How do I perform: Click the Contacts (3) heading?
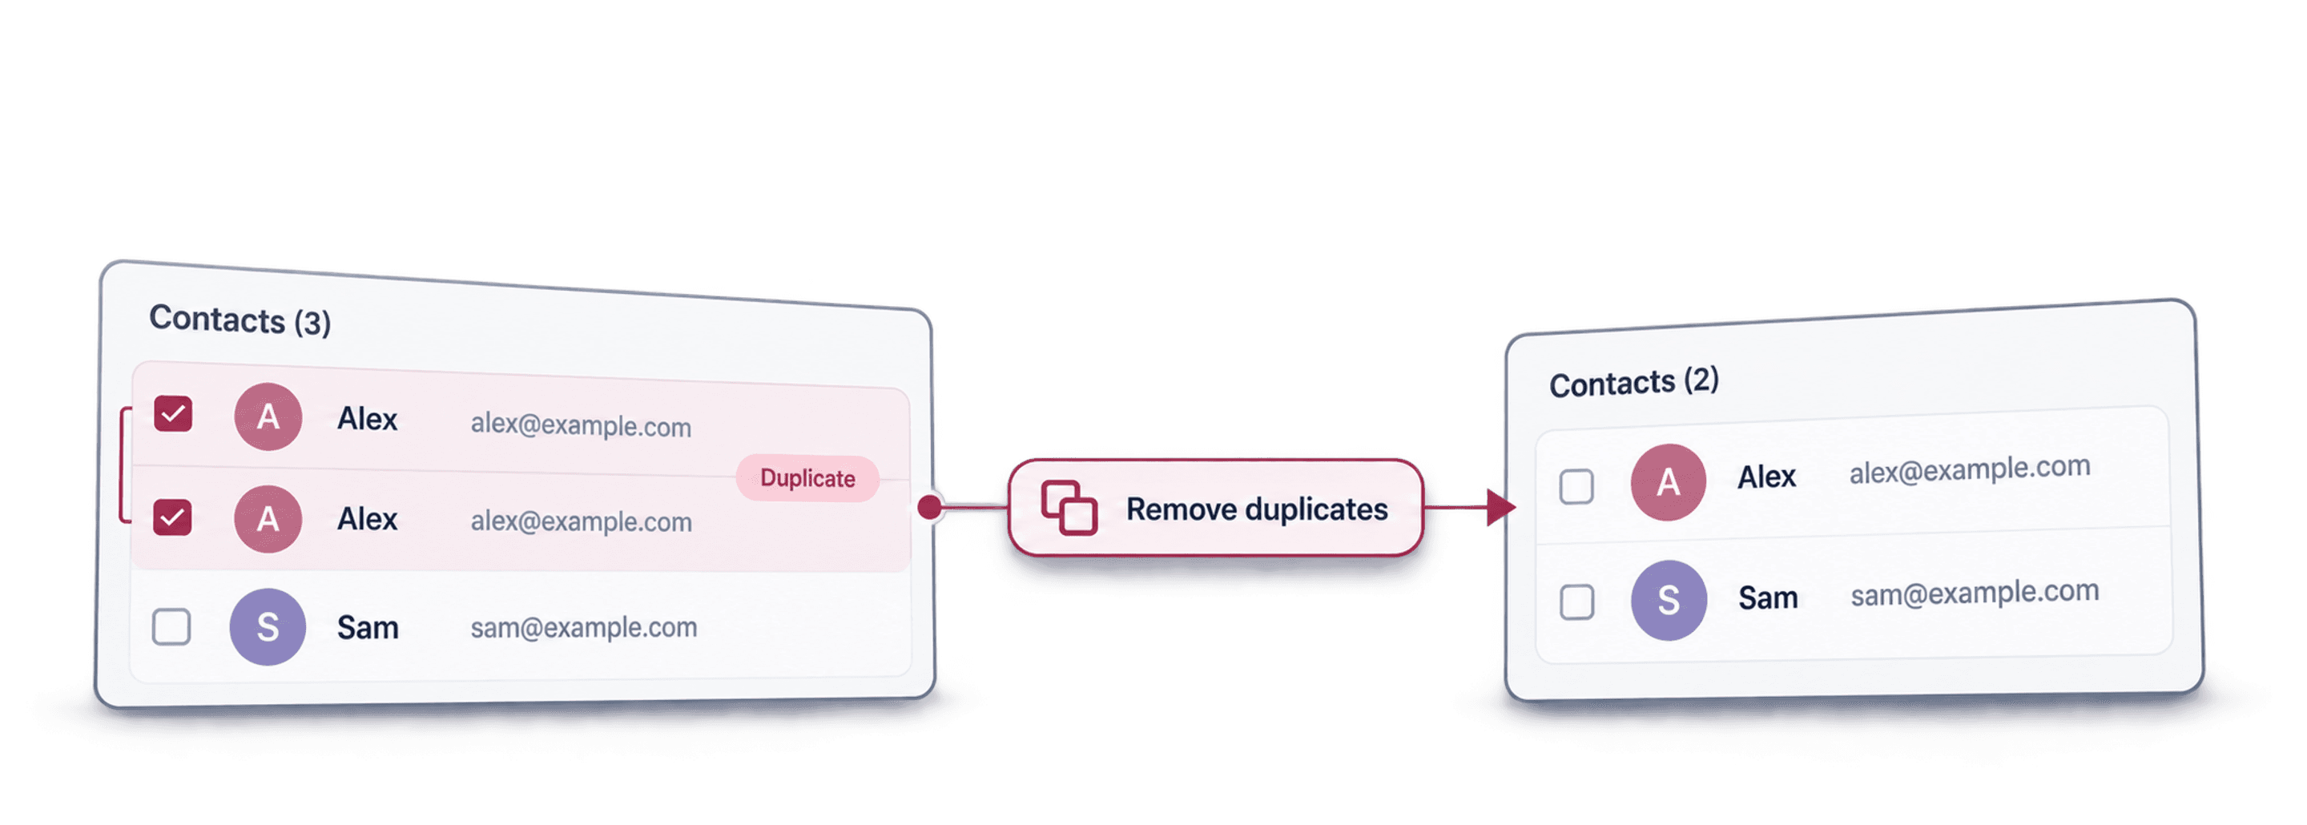[x=240, y=320]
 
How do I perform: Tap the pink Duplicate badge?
[x=807, y=478]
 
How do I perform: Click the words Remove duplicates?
[x=1257, y=509]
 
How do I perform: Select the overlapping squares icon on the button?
[x=1069, y=508]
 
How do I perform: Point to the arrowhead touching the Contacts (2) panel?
[x=1501, y=508]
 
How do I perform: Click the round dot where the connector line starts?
[x=931, y=507]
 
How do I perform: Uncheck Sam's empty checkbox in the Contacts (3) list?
[x=171, y=627]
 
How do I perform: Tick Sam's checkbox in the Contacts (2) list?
[x=1577, y=602]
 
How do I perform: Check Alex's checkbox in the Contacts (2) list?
[x=1576, y=486]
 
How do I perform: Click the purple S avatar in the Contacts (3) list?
[x=268, y=627]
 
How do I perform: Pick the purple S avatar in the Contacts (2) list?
[x=1669, y=600]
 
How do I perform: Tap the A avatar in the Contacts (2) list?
[x=1668, y=483]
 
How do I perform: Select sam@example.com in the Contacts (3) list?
[x=584, y=628]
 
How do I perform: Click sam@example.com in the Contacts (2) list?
[x=1975, y=593]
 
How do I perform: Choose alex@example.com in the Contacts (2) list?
[x=1971, y=469]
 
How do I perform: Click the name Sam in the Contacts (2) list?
[x=1768, y=598]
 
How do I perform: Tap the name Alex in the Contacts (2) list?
[x=1766, y=477]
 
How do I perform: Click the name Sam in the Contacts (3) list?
[x=367, y=627]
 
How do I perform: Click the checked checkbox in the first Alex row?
[x=173, y=414]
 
